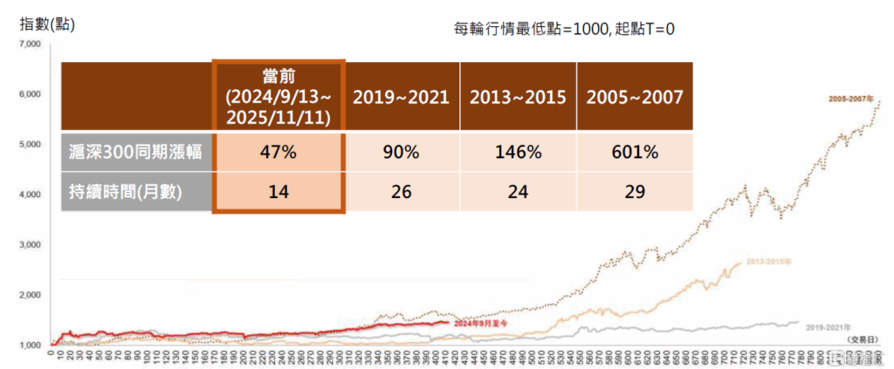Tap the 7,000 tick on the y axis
31,44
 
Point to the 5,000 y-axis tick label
31,144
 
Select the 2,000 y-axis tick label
31,295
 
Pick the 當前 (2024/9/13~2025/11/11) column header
279,95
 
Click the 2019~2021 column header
401,97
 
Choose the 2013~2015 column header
518,97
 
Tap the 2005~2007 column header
635,97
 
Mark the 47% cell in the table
279,152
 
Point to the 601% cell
635,152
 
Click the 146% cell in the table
518,152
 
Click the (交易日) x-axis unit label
863,337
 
